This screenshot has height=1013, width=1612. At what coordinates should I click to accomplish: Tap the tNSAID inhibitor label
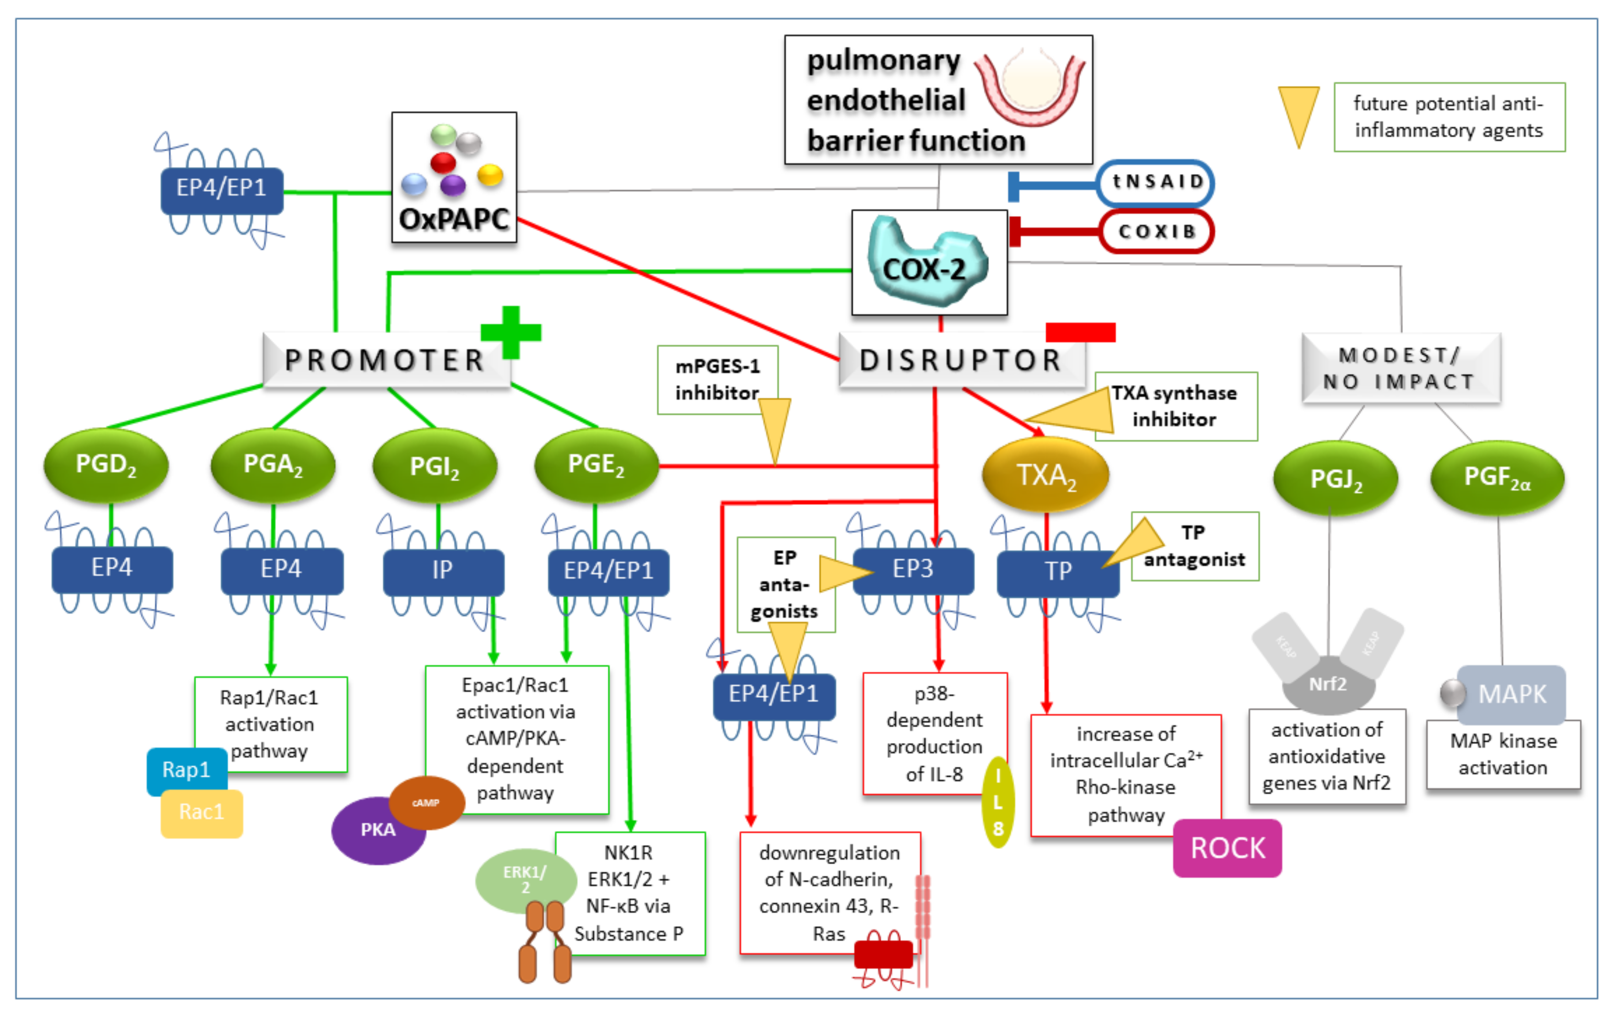pos(1155,182)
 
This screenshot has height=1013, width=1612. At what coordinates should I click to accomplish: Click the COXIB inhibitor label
pos(1156,232)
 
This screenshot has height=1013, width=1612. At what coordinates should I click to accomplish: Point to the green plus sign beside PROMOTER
pos(511,332)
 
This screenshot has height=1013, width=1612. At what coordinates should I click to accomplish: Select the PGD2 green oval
pos(106,464)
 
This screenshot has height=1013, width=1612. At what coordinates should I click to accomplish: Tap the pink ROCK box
pos(1227,848)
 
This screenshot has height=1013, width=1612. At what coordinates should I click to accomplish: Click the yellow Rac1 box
pos(201,813)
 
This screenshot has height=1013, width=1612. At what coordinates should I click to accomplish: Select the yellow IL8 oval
pos(997,802)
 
